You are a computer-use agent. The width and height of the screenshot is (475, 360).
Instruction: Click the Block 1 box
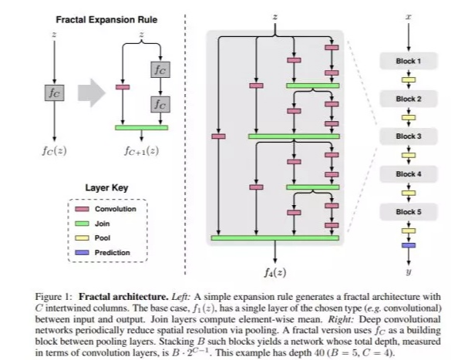(x=409, y=60)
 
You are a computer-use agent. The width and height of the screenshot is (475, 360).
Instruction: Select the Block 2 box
(x=409, y=99)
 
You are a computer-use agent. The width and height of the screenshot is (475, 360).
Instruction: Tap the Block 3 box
(x=409, y=136)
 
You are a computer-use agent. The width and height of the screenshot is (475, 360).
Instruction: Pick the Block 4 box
(x=409, y=173)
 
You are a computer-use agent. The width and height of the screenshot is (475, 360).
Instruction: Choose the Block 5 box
(x=409, y=210)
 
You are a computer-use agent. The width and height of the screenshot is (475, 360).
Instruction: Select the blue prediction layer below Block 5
(x=409, y=244)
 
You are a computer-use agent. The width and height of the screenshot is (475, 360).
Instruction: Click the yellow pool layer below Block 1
(x=409, y=79)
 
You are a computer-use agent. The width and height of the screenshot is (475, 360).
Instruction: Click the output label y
(x=409, y=271)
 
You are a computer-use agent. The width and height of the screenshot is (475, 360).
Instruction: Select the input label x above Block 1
(x=409, y=16)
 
